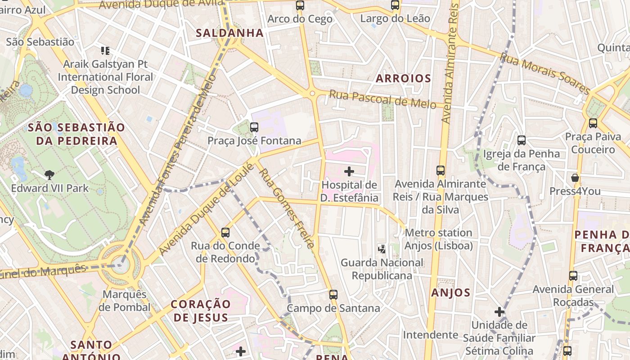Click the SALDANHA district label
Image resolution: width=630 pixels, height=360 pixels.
point(229,33)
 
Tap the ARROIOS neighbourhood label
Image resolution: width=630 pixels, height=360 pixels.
point(404,78)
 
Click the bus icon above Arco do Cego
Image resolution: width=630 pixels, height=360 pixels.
point(300,5)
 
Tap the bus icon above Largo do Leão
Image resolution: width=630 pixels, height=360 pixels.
point(395,5)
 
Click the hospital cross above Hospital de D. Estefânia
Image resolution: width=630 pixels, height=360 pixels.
point(349,171)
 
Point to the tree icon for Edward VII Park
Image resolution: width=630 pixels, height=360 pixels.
point(49,175)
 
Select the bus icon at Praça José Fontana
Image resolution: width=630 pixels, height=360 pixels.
point(254,127)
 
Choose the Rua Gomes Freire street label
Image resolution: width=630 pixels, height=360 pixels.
point(286,208)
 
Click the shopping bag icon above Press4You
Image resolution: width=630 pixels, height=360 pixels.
point(575,177)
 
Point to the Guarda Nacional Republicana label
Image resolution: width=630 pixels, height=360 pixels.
point(382,269)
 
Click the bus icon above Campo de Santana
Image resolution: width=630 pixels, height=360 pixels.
point(333,294)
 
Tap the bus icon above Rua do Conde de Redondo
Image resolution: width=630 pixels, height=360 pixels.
point(225,233)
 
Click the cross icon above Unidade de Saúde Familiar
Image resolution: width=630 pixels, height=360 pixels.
point(499,311)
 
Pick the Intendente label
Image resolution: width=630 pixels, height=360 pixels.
point(430,335)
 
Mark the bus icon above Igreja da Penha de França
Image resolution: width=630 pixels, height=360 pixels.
point(521,140)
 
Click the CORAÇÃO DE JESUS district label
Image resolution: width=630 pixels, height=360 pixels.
point(201,310)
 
